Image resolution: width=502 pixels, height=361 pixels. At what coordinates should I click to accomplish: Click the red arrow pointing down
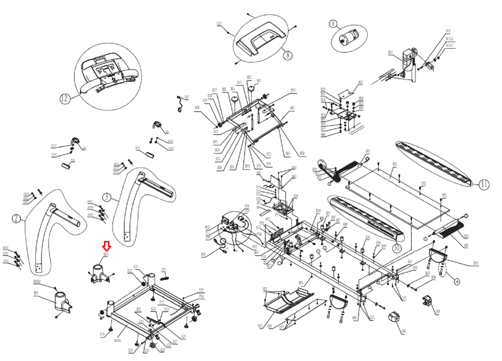(x=107, y=246)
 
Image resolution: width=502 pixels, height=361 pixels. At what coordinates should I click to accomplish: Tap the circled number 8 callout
(x=288, y=55)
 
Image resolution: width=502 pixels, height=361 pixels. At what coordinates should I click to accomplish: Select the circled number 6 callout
(x=333, y=24)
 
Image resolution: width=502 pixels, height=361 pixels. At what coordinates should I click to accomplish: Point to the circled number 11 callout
(x=484, y=184)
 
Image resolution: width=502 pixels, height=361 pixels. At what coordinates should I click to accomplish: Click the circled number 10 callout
(x=397, y=248)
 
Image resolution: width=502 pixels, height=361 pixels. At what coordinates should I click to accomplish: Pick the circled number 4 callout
(x=457, y=282)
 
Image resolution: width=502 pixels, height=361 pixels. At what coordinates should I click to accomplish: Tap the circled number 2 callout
(x=16, y=218)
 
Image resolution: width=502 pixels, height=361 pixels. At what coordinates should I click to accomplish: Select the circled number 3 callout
(x=107, y=197)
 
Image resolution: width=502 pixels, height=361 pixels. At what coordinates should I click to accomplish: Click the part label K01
(x=117, y=341)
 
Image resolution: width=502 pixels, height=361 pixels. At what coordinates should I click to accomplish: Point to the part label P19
(x=203, y=255)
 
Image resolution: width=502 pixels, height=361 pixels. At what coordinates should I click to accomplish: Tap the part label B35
(x=476, y=263)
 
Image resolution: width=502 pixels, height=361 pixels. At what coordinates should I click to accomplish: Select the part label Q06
(x=403, y=332)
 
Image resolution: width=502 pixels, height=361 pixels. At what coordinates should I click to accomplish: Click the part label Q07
(x=438, y=311)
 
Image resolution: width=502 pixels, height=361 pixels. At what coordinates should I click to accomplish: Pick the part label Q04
(x=36, y=293)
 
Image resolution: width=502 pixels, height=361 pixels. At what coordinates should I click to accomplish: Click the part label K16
(x=102, y=334)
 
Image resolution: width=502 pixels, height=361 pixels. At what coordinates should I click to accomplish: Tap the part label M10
(x=448, y=31)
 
